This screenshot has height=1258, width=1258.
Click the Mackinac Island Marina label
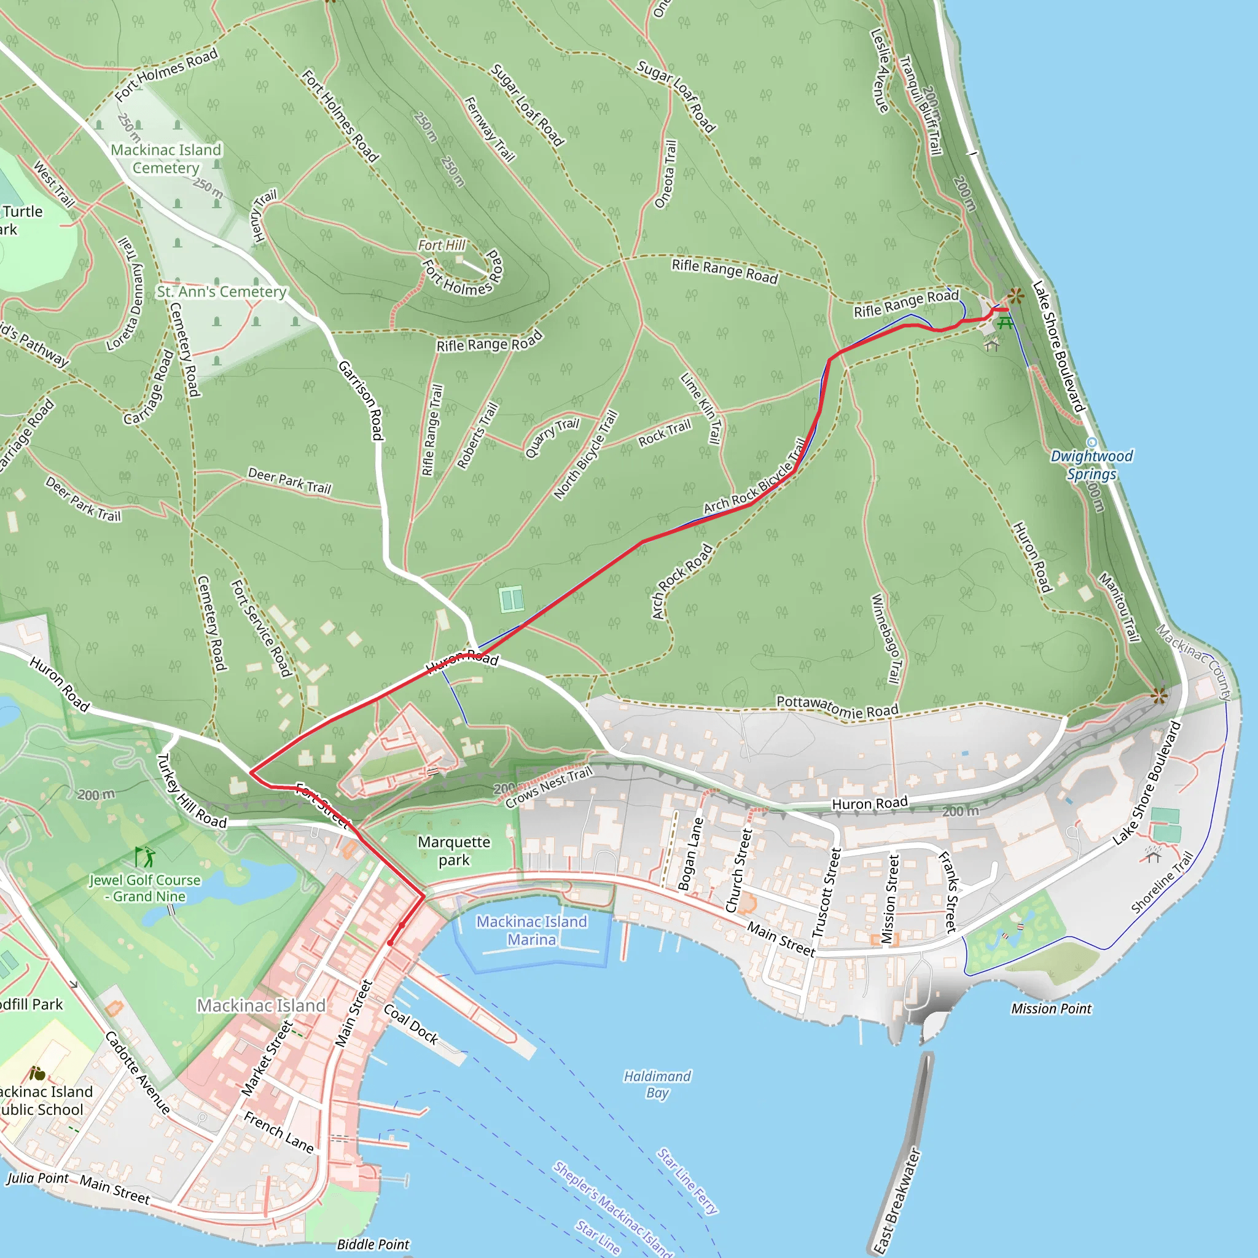click(531, 931)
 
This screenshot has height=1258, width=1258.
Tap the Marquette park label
click(454, 851)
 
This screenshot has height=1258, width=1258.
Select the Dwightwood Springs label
click(1092, 465)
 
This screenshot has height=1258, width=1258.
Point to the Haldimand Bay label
click(657, 1084)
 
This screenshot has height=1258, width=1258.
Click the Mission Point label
click(1051, 1009)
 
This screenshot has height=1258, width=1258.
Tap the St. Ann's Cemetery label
click(221, 292)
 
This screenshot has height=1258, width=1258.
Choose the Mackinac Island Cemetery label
click(166, 159)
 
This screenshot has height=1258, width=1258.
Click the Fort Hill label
click(442, 245)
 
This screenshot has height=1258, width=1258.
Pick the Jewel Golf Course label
click(144, 888)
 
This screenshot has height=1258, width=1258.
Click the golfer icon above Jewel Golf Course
click(144, 856)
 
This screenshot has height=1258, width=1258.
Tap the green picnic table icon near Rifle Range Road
click(1005, 323)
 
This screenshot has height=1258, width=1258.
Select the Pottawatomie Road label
click(837, 706)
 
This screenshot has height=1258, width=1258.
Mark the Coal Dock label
click(411, 1024)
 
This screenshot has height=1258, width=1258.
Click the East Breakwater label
click(897, 1201)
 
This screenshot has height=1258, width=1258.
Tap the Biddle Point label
click(373, 1244)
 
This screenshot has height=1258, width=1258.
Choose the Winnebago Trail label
click(886, 639)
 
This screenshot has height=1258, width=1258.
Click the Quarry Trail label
click(552, 437)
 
